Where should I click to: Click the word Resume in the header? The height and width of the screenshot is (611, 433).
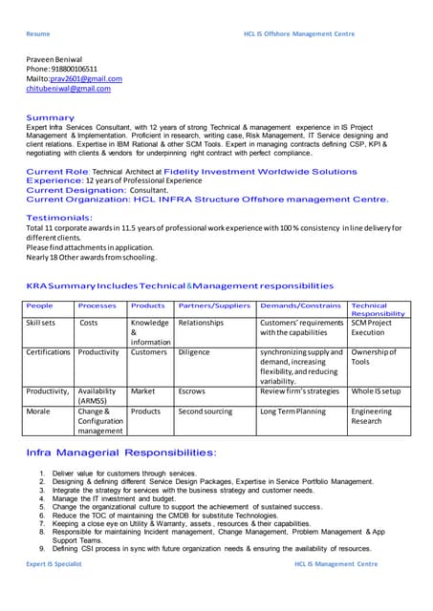click(x=37, y=33)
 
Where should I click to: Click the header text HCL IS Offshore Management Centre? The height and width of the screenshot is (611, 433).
click(x=299, y=33)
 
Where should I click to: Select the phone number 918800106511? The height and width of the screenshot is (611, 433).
click(x=76, y=69)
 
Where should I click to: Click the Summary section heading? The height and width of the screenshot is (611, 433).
click(x=50, y=117)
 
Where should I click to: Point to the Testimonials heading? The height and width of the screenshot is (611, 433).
click(x=59, y=218)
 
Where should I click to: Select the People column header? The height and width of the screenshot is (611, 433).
click(x=40, y=305)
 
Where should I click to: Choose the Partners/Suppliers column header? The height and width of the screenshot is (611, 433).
click(x=213, y=305)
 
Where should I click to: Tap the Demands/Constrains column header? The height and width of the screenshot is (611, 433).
click(x=300, y=305)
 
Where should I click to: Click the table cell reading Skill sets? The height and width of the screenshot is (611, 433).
click(x=41, y=323)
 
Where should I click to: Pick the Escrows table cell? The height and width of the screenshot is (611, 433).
click(x=193, y=391)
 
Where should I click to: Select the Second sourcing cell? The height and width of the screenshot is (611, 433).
click(x=206, y=411)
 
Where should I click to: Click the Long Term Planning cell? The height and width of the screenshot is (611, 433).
click(x=292, y=411)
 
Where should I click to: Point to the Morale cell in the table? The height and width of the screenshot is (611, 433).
click(x=39, y=411)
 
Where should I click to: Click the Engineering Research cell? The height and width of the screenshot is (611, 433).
click(x=372, y=416)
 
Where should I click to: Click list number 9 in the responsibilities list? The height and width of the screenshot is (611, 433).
click(x=42, y=549)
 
